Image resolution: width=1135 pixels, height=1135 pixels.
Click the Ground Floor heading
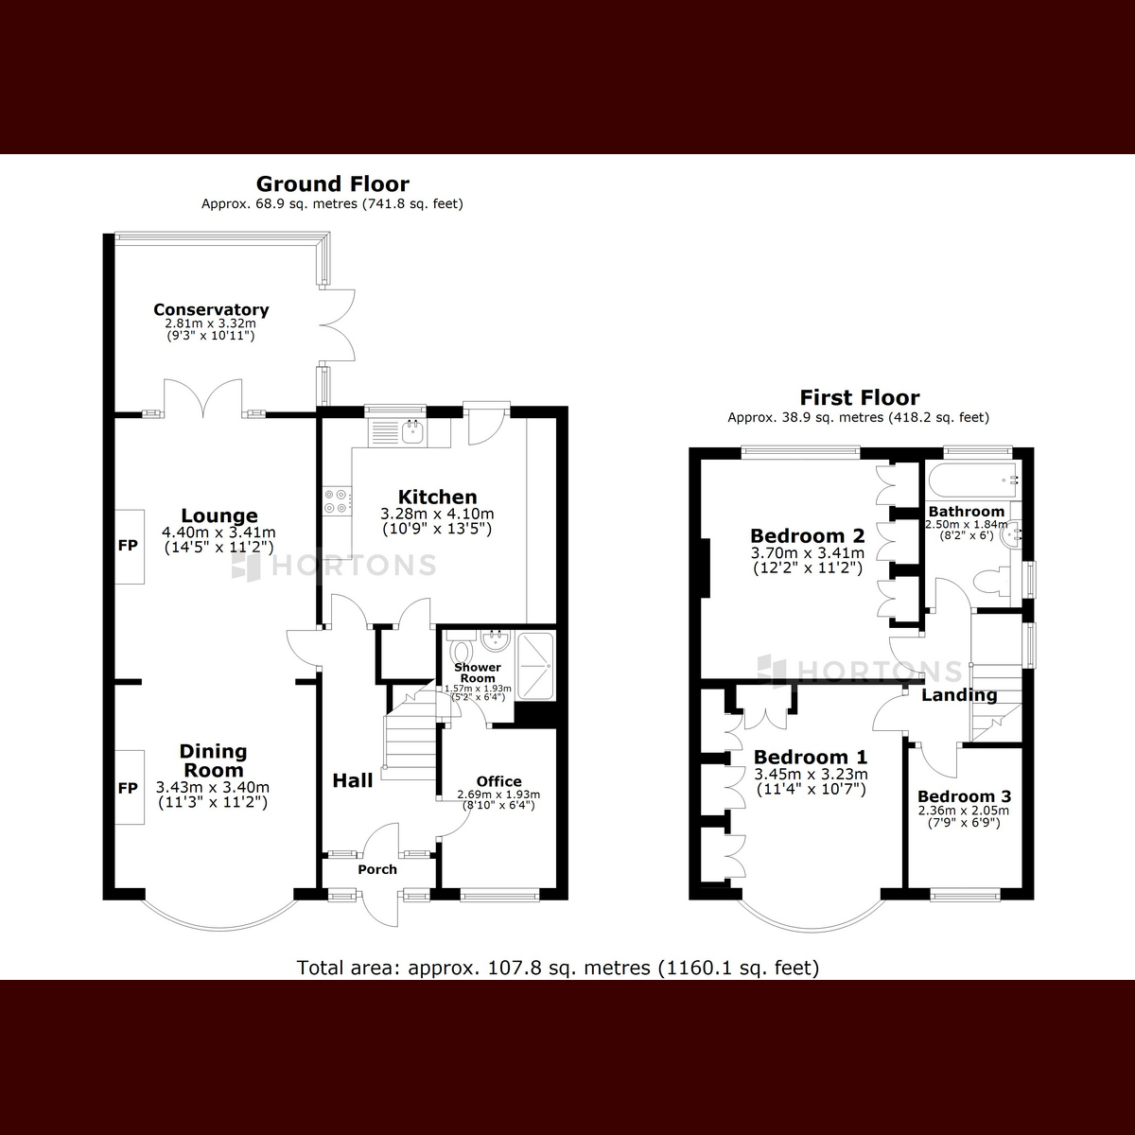332,183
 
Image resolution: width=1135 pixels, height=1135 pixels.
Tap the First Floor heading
859,397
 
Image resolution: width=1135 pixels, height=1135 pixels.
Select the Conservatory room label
211,309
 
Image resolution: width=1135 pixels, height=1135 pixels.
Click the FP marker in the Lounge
128,546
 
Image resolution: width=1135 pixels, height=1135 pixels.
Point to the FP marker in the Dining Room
128,788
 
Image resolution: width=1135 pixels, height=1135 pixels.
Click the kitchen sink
412,431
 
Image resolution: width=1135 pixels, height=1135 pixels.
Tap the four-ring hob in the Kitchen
336,500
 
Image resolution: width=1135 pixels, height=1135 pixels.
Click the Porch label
377,869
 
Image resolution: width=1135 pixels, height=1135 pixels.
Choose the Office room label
498,780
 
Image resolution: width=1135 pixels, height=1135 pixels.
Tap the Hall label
352,780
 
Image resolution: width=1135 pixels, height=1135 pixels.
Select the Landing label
959,695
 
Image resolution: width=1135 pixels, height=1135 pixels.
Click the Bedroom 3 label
963,796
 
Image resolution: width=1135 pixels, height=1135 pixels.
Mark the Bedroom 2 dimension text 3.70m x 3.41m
807,553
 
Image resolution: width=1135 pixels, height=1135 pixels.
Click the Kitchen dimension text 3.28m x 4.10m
437,515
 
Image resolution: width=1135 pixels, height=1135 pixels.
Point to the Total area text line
558,968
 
